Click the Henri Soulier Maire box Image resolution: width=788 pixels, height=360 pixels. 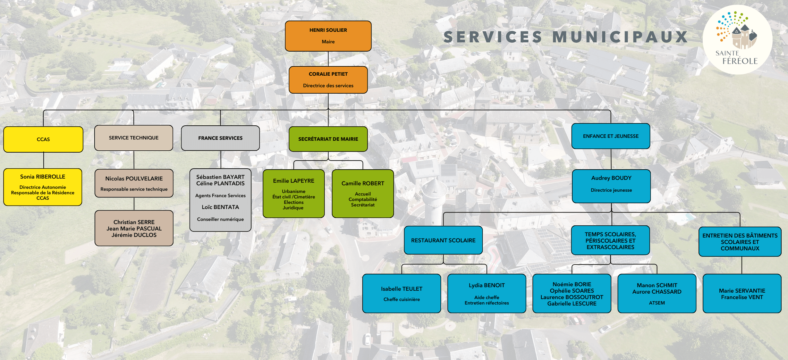tap(328, 36)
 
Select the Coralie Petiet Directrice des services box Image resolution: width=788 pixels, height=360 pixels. tap(328, 80)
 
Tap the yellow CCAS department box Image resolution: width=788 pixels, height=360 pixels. tap(43, 139)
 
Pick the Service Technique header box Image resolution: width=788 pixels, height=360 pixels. tap(134, 138)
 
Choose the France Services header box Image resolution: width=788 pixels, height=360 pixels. tap(220, 138)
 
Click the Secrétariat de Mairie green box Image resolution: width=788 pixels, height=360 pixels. tap(328, 139)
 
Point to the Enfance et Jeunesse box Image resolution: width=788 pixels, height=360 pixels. tap(611, 136)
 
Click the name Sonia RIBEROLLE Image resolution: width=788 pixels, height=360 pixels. tap(43, 177)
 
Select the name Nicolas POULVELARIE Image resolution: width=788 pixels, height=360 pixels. tap(134, 179)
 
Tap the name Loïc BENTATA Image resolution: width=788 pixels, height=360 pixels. tap(220, 207)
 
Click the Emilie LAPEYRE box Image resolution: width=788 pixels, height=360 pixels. tap(294, 194)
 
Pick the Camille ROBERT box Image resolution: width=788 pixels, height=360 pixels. tap(363, 194)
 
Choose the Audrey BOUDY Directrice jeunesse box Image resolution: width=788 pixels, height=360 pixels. tap(611, 186)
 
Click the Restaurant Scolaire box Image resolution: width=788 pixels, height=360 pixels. tap(443, 240)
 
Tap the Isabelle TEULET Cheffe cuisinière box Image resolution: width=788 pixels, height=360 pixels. tap(402, 293)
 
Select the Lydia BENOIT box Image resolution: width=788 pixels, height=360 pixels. tap(487, 293)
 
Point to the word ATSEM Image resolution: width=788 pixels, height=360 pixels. tap(657, 303)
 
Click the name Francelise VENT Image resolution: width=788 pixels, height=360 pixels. tap(742, 297)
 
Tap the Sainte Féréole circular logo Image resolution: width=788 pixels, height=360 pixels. tap(737, 40)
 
